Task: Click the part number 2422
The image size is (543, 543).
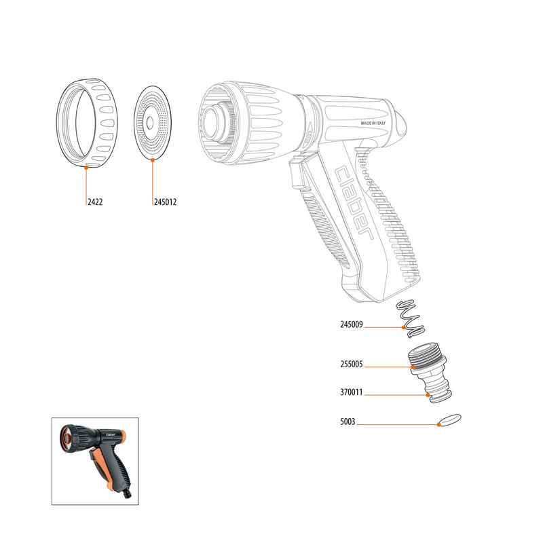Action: coord(95,202)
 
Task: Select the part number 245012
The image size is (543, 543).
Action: coord(165,202)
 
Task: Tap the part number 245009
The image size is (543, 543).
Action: coord(352,324)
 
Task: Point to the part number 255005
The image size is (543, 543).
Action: coord(352,364)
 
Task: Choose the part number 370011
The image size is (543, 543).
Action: coord(352,392)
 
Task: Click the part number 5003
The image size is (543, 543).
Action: coord(348,422)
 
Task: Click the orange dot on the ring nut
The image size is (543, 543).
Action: coord(86,167)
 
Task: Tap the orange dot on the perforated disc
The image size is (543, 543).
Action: coord(152,160)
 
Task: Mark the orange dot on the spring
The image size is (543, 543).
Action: coord(404,327)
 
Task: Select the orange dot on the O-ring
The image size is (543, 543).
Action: coord(438,424)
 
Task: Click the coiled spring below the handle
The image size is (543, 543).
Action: coord(411,318)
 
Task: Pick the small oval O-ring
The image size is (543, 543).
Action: coord(449,419)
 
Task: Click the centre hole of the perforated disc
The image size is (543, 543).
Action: coord(150,123)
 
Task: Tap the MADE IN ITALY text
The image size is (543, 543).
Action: coord(373,123)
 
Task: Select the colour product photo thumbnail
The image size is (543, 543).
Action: coord(95,462)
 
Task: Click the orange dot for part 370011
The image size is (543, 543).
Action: coord(428,395)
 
